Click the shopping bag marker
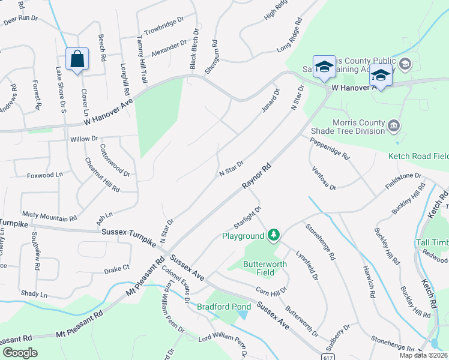[77, 59]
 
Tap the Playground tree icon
[274, 233]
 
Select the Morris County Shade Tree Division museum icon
[394, 125]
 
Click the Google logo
[20, 353]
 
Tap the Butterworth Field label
[265, 268]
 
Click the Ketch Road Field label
[418, 156]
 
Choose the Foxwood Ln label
[44, 175]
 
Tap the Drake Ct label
[116, 268]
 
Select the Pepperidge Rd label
[330, 150]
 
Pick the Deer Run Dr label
[20, 19]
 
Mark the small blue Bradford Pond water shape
[243, 314]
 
